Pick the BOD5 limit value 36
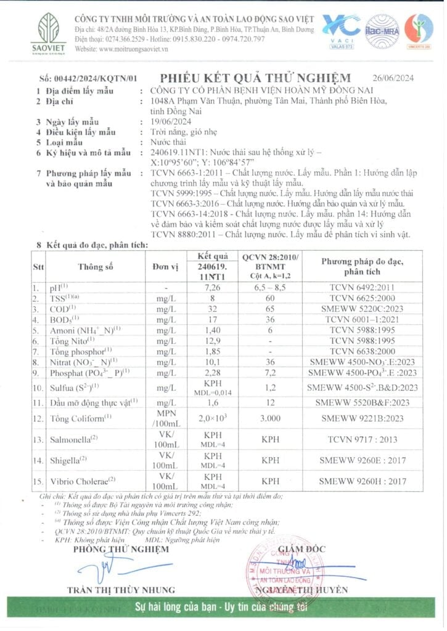pos(269,319)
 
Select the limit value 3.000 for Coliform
pos(269,418)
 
